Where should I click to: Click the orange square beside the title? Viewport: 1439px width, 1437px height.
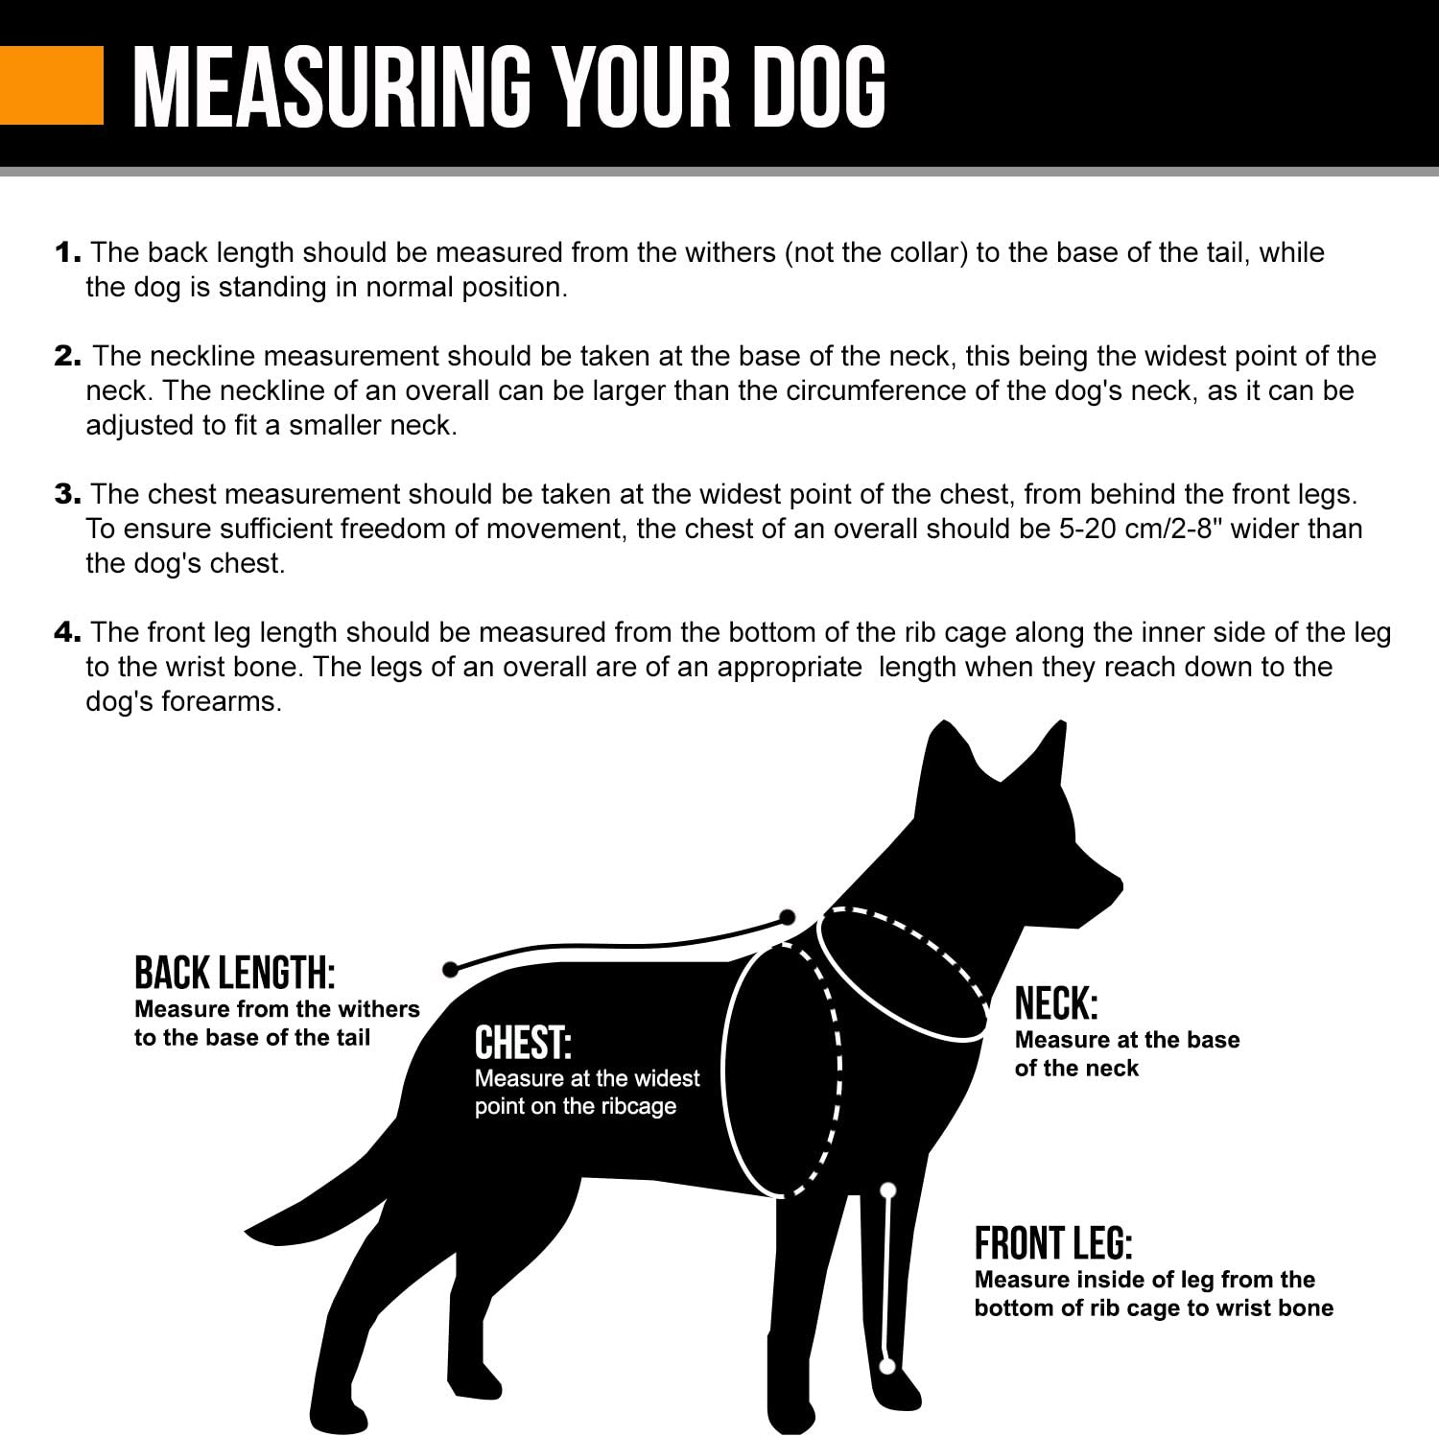(x=51, y=86)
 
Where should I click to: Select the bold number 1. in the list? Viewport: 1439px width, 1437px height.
(x=68, y=253)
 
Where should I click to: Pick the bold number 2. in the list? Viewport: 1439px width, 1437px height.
(x=69, y=357)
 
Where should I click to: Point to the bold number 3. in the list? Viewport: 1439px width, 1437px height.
(x=69, y=495)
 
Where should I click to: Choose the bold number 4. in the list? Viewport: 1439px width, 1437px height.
(x=69, y=633)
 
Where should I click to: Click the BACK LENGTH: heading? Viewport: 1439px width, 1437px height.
(x=234, y=973)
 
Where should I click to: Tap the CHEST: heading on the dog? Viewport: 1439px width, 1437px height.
(x=523, y=1043)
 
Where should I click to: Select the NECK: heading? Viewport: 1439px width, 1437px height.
(x=1056, y=1004)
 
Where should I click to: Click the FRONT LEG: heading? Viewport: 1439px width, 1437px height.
(x=1053, y=1244)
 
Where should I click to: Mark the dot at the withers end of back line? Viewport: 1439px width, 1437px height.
(x=788, y=917)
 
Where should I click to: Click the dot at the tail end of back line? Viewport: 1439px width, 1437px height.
(x=449, y=970)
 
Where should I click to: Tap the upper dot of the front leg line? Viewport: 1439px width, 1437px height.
(x=888, y=1190)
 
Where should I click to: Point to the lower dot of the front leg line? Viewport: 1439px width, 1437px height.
(x=887, y=1364)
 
